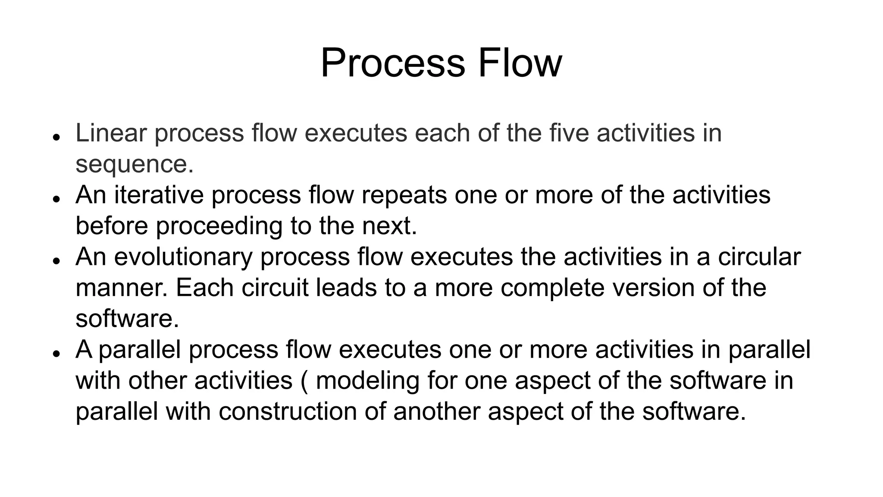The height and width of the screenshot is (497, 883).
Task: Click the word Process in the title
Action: click(392, 63)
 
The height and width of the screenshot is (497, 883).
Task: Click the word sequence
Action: click(134, 164)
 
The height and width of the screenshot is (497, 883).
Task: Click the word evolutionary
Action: click(183, 257)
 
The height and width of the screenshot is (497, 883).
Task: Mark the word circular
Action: click(759, 257)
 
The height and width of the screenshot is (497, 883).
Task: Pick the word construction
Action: click(288, 412)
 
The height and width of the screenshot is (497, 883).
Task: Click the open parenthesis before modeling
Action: click(304, 381)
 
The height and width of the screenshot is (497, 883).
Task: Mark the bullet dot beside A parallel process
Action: click(56, 353)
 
